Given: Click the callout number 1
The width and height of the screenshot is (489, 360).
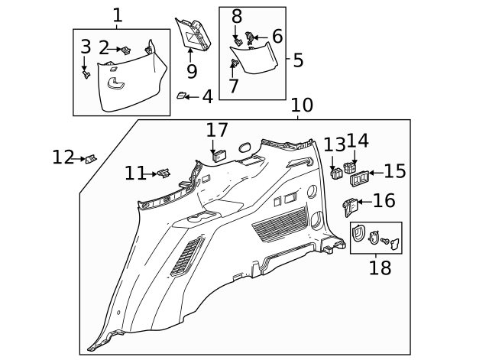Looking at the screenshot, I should (118, 15).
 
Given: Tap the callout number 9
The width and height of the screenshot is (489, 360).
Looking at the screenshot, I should (191, 71).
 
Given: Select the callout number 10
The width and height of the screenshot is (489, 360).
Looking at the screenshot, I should (302, 105).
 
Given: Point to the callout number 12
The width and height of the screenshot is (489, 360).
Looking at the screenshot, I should (63, 158).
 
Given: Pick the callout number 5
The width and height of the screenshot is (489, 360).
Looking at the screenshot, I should (298, 59).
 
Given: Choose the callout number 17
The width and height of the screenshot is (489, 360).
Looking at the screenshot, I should (216, 130).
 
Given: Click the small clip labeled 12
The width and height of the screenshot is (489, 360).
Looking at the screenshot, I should (91, 158).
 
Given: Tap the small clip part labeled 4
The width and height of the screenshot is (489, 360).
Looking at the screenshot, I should (183, 96).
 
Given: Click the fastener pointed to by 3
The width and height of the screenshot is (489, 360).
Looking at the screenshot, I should (86, 74).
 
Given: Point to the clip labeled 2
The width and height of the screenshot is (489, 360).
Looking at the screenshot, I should (127, 50).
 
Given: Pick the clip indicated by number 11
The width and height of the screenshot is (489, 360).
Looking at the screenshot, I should (163, 174).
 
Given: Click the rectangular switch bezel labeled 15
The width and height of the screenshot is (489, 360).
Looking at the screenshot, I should (360, 178).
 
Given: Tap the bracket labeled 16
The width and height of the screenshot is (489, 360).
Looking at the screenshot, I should (349, 206).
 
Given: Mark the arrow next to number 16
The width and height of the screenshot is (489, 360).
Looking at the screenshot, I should (365, 202).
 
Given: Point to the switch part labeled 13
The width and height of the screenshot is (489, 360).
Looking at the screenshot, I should (335, 173).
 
